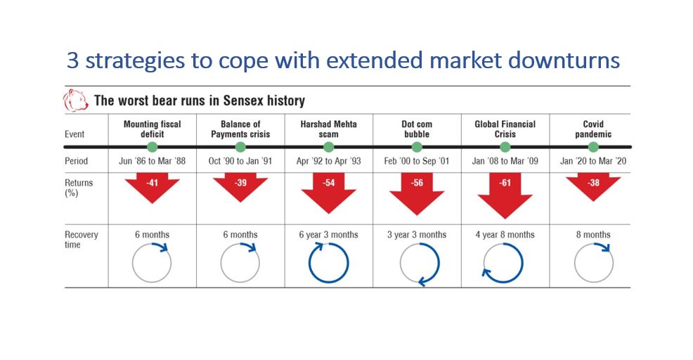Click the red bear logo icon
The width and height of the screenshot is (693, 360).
pos(75,100)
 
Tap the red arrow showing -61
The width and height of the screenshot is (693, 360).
pos(505,195)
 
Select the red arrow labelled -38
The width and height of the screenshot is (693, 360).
pos(594,186)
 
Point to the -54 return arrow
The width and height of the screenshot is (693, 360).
pos(329,193)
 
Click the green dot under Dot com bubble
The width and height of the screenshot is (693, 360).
pos(417,147)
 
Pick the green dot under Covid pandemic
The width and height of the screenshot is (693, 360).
pos(594,147)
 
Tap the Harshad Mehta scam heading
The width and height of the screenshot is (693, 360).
pos(328,129)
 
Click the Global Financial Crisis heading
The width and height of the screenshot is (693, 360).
pos(505,129)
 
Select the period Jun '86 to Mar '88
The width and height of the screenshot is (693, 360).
pos(152,161)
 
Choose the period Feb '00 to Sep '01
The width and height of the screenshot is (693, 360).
pos(416,161)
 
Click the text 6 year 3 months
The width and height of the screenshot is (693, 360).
pos(328,235)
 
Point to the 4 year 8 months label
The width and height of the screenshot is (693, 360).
pos(505,235)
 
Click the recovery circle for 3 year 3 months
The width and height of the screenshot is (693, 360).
pos(439,263)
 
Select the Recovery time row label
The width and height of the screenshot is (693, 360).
pos(82,239)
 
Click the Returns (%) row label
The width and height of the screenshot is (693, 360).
pos(79,188)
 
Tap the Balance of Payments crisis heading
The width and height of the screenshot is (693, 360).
pos(240,129)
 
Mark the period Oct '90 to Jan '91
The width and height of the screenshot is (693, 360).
pos(240,161)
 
